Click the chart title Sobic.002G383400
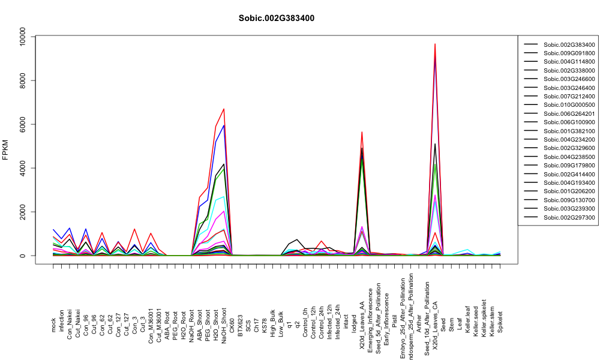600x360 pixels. point(276,19)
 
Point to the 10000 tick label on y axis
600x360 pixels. point(23,37)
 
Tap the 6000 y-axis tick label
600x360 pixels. point(23,124)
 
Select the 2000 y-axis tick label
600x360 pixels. point(23,212)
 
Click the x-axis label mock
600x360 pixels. point(53,325)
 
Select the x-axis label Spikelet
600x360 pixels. point(500,322)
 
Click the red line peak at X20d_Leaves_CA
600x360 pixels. point(435,44)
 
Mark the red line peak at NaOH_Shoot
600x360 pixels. point(224,109)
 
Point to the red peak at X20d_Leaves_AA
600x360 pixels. point(362,132)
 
